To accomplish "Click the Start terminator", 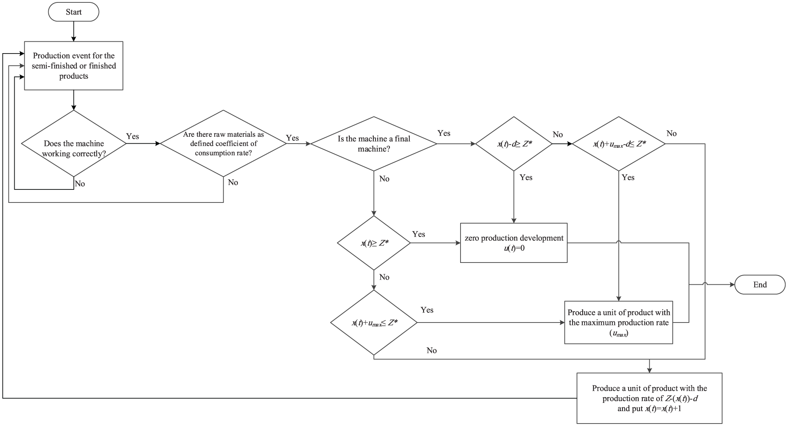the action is [73, 12].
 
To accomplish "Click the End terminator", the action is [760, 284].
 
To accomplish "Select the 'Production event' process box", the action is [73, 66].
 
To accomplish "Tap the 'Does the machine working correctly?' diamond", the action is [73, 144].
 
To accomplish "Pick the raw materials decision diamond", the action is [224, 144].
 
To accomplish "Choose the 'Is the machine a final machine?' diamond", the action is [374, 144].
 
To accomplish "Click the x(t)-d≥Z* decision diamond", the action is [514, 144].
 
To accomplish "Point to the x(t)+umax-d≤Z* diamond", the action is [619, 144].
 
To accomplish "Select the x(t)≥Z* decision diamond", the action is [374, 243].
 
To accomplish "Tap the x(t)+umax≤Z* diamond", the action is [374, 323].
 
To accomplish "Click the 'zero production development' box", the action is [514, 243].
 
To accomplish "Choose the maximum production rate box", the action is [619, 323].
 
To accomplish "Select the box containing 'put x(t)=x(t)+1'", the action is [650, 398].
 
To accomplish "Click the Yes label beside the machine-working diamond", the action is [133, 136].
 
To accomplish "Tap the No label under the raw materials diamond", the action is [233, 182].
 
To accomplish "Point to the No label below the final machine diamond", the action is [384, 179].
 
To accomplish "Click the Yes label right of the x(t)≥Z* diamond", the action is [419, 234].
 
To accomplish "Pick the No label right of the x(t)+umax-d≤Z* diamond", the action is [672, 133].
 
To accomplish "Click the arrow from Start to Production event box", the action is [73, 31].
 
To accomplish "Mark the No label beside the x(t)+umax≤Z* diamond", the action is [432, 350].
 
